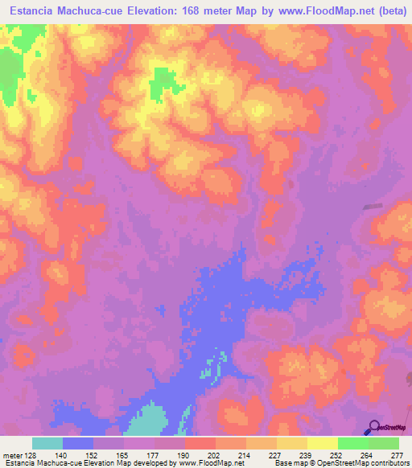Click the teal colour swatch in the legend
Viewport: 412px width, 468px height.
point(47,443)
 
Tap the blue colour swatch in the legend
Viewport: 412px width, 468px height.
point(78,443)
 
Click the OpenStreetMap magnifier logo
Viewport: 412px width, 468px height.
point(373,427)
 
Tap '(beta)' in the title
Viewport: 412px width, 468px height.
point(391,10)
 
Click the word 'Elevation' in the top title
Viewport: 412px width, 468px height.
point(149,10)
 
